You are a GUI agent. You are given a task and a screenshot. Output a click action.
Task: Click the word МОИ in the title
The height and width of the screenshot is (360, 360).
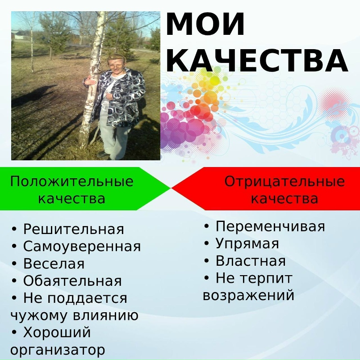tap(205, 25)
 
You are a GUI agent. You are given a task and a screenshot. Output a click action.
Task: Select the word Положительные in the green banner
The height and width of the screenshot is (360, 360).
tap(72, 182)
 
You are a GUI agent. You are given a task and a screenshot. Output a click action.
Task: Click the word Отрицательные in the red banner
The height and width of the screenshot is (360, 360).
tap(285, 182)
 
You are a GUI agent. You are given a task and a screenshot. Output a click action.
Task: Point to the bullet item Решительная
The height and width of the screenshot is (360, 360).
tap(73, 230)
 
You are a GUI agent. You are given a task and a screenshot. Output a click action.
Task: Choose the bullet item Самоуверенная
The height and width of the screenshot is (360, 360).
tap(82, 247)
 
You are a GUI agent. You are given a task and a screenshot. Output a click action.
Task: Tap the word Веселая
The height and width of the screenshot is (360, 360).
tap(54, 264)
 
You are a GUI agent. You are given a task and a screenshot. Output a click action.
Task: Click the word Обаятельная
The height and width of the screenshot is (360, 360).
tap(72, 281)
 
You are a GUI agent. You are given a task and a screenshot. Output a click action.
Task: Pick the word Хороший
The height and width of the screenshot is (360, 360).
tap(57, 333)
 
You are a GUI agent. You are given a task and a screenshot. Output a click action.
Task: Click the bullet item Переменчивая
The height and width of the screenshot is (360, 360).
tap(270, 226)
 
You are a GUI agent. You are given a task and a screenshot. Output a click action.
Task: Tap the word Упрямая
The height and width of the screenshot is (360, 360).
tap(247, 244)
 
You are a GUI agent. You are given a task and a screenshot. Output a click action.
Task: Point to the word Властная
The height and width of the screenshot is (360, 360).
tap(251, 261)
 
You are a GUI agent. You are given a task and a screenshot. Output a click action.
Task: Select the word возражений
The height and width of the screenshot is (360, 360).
tap(248, 295)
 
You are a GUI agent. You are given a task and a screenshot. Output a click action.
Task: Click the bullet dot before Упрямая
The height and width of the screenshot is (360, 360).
tap(207, 243)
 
